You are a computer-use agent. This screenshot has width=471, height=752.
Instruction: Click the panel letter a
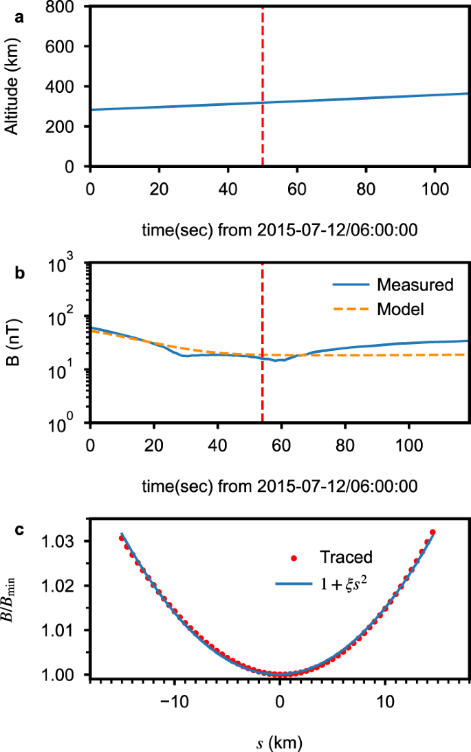click(20, 19)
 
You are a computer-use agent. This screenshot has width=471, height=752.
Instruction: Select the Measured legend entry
click(406, 284)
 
